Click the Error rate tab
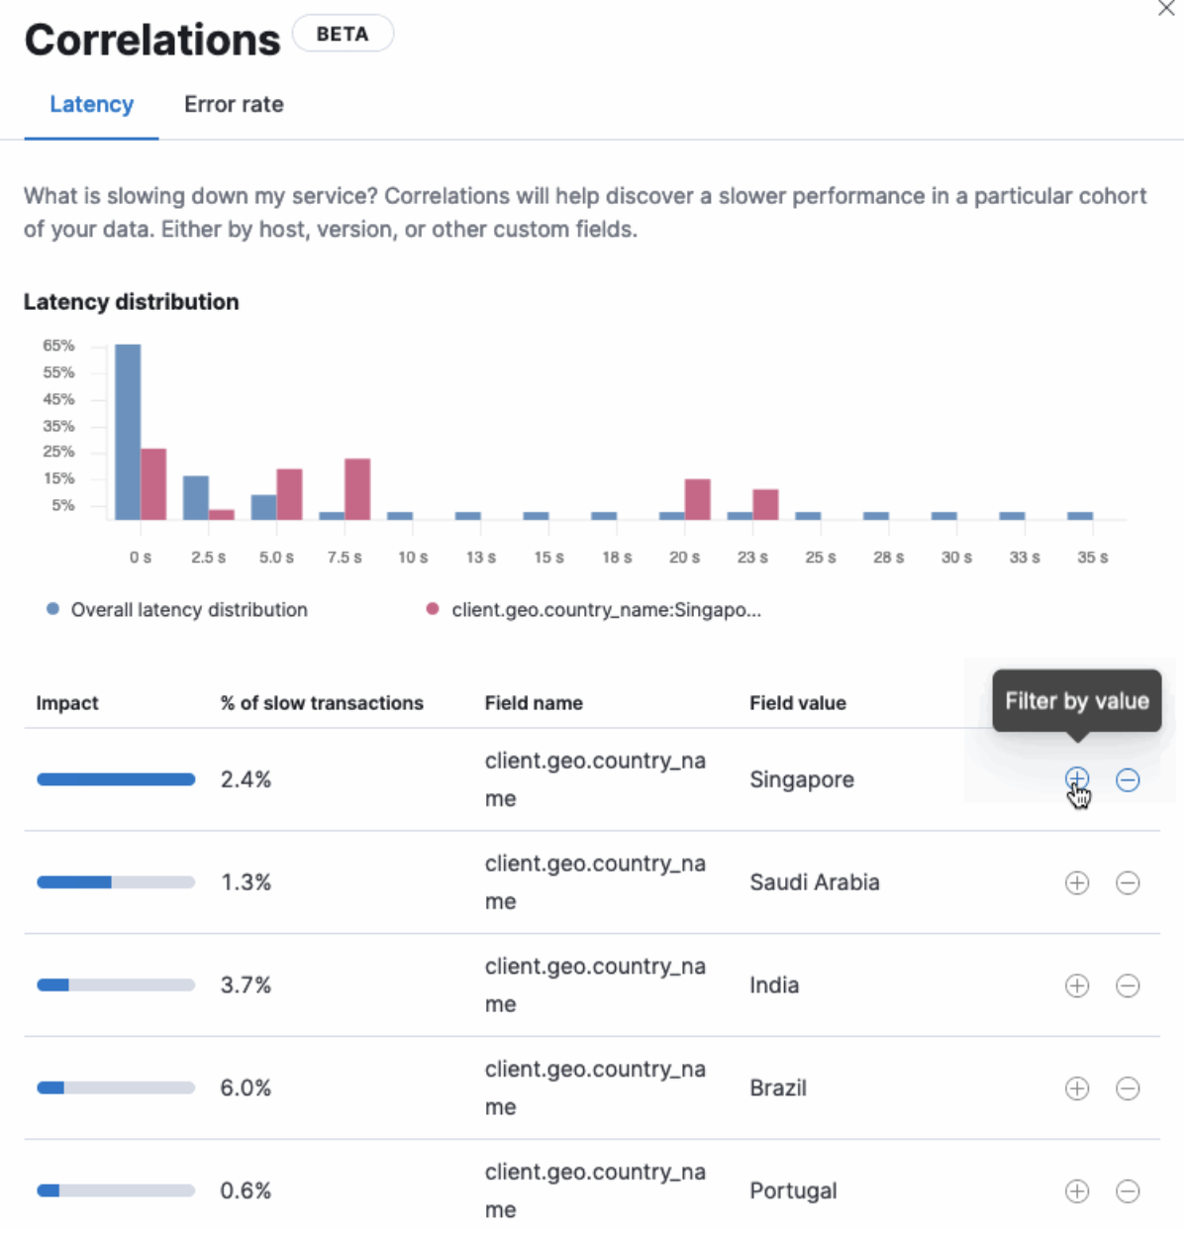click(x=234, y=104)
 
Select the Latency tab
click(x=91, y=104)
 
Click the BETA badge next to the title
click(x=343, y=34)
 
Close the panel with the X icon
click(x=1166, y=9)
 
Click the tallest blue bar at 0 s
click(x=128, y=431)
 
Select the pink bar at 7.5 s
click(x=357, y=488)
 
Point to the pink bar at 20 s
click(x=698, y=499)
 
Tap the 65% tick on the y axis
click(x=58, y=346)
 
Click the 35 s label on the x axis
click(x=1092, y=558)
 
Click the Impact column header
click(x=67, y=703)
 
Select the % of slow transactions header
click(x=322, y=703)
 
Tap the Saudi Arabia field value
click(x=814, y=882)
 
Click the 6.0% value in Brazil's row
click(x=246, y=1087)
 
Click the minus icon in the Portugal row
click(x=1128, y=1190)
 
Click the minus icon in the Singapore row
click(x=1128, y=779)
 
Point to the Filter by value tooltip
click(x=1076, y=701)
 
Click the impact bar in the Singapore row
click(x=116, y=779)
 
